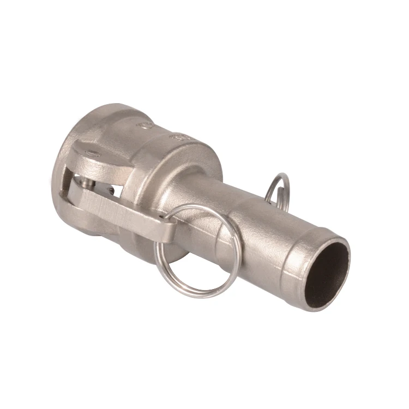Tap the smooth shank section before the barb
pyautogui.click(x=256, y=229)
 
